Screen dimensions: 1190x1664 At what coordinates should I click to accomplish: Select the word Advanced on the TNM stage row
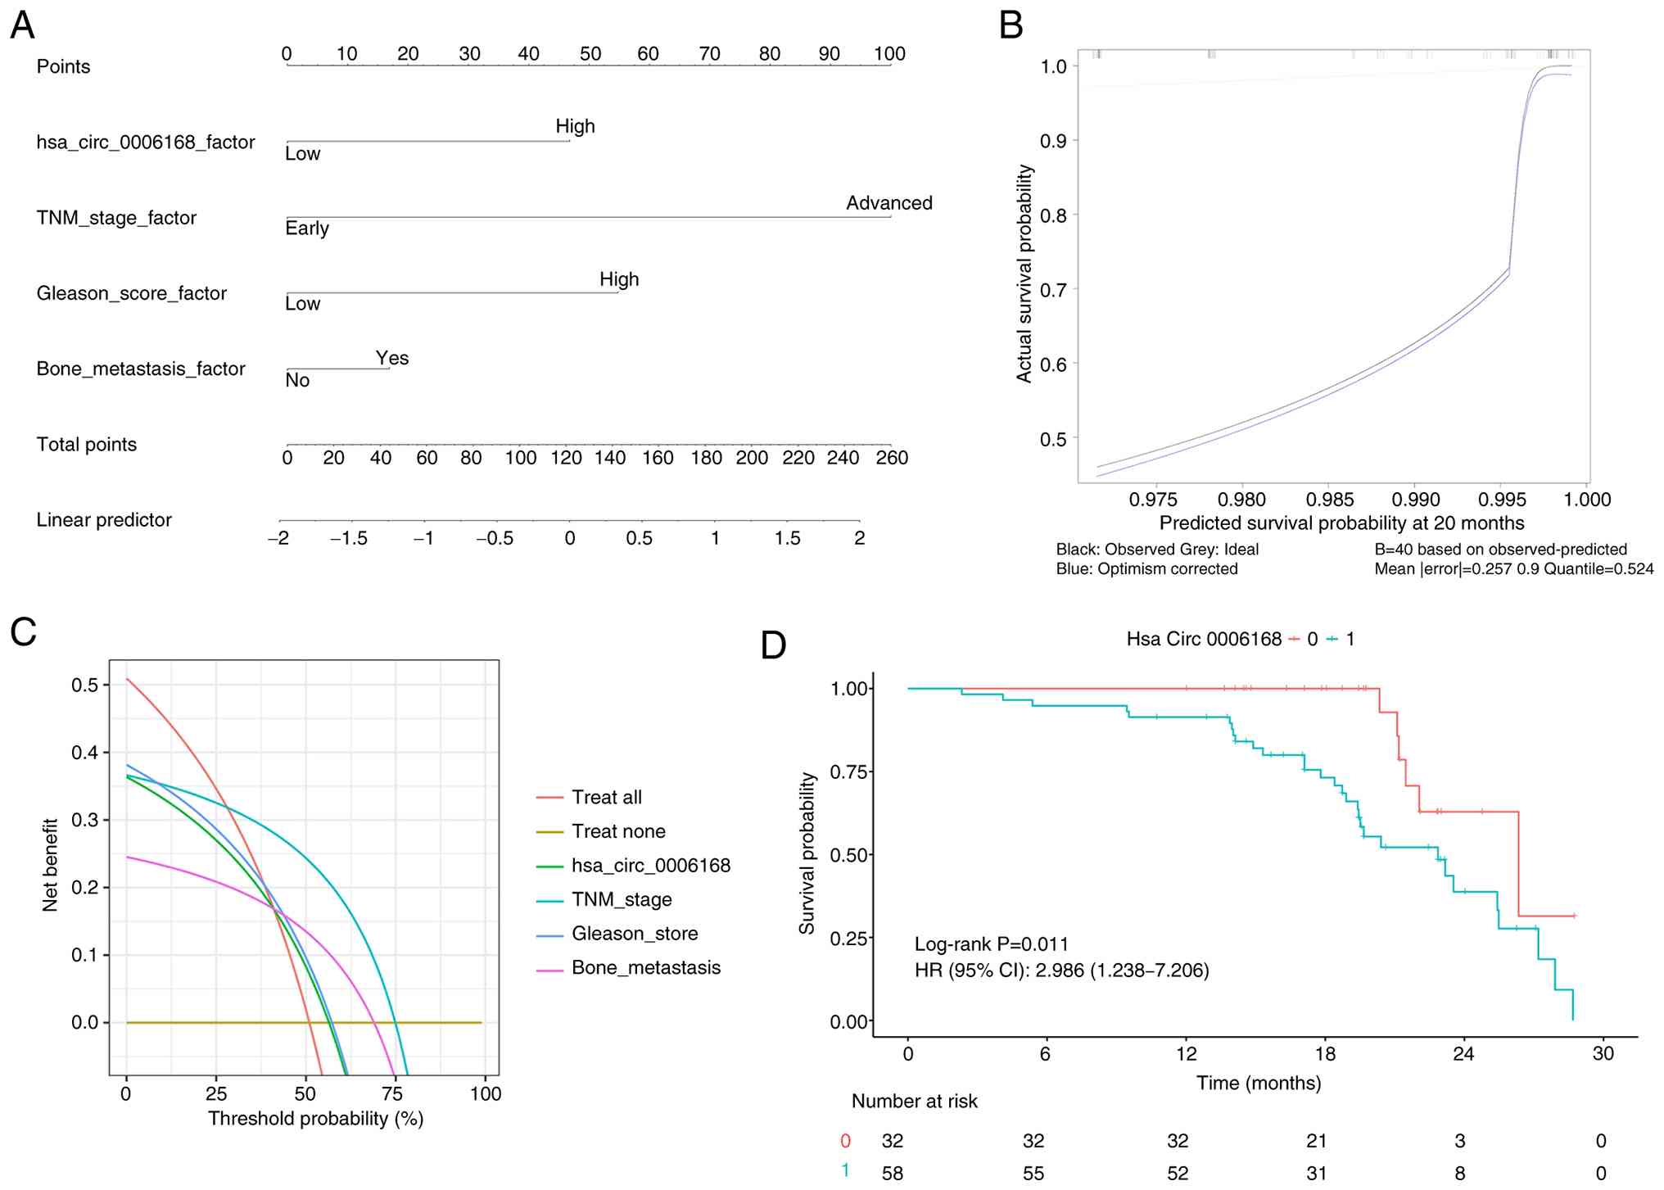click(889, 203)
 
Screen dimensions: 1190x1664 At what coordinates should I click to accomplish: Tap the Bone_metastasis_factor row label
click(141, 369)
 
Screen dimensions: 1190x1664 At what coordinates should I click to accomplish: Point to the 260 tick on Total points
click(892, 458)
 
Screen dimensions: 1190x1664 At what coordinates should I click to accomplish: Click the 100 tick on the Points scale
click(889, 54)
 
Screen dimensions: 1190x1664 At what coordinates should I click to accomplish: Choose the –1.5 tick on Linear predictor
click(349, 538)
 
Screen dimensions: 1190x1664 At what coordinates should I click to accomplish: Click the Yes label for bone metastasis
click(392, 358)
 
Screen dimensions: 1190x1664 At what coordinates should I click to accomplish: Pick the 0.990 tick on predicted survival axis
click(1416, 500)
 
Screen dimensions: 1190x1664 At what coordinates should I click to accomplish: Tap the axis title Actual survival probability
click(1024, 274)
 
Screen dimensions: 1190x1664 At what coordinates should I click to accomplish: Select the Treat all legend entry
click(606, 797)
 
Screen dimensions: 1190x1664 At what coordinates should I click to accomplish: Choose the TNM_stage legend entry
click(622, 899)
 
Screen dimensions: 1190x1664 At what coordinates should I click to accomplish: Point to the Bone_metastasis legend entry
click(646, 967)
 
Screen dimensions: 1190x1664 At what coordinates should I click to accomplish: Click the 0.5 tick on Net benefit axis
click(85, 685)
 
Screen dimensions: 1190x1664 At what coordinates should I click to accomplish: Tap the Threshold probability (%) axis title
click(315, 1119)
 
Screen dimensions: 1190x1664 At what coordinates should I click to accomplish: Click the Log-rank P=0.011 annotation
click(991, 944)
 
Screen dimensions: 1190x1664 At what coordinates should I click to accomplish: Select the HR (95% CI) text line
click(1061, 971)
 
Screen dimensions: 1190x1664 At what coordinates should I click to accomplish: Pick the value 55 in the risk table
click(1033, 1174)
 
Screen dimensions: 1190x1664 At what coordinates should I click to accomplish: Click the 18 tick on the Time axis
click(1325, 1054)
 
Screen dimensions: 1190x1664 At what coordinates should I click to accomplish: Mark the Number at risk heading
click(914, 1102)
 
